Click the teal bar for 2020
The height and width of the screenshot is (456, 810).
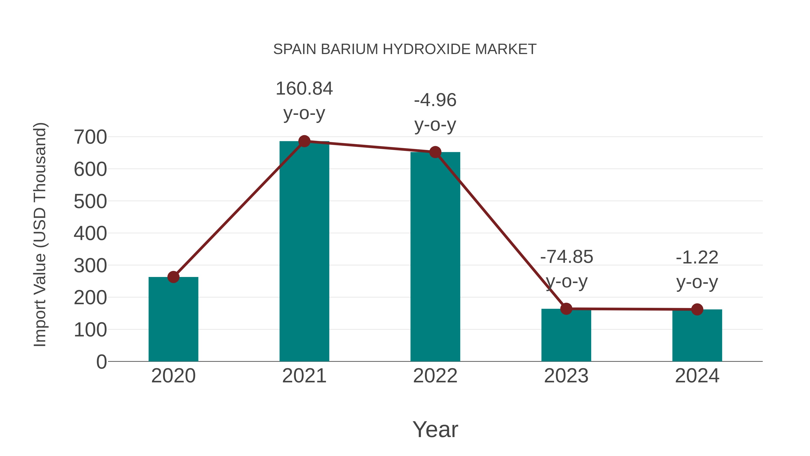(173, 319)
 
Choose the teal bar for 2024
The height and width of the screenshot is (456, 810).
(697, 336)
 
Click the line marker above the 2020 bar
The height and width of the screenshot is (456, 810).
(173, 277)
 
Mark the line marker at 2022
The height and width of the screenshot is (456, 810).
(435, 152)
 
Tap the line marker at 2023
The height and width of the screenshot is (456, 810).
(566, 309)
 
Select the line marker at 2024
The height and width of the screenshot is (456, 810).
(697, 309)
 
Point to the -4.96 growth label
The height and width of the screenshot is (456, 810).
(435, 100)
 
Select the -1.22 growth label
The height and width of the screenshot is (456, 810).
(697, 258)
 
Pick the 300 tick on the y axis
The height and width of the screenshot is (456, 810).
(90, 266)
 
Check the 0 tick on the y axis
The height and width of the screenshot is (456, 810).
(101, 362)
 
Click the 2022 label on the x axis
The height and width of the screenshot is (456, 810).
(435, 376)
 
